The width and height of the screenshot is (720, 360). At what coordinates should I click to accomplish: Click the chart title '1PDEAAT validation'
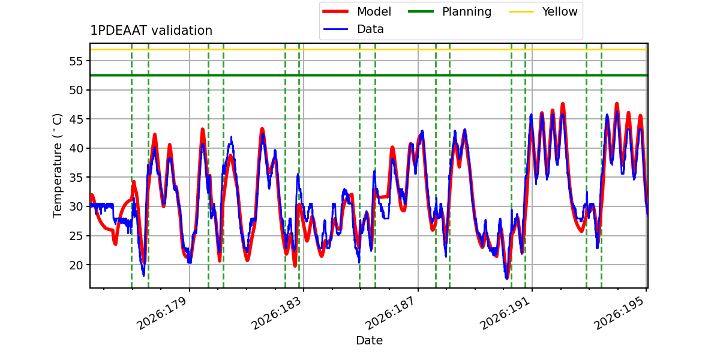click(x=151, y=31)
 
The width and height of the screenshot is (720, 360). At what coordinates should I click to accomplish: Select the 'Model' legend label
click(x=374, y=11)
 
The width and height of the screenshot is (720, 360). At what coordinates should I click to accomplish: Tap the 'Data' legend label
click(x=370, y=29)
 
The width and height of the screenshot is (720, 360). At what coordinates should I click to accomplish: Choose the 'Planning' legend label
click(x=467, y=12)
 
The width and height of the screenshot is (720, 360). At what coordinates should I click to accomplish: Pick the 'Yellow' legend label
click(x=560, y=11)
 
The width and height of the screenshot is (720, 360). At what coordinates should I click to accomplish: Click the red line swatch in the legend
click(x=335, y=11)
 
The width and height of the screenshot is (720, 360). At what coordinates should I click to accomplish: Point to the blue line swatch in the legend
click(x=335, y=29)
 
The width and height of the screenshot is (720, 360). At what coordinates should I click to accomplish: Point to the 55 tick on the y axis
click(x=76, y=61)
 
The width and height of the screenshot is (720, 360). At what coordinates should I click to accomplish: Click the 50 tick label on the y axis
click(x=76, y=90)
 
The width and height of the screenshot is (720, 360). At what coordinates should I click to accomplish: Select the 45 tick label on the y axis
click(x=76, y=119)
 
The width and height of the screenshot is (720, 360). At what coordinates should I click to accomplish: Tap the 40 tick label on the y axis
click(x=76, y=149)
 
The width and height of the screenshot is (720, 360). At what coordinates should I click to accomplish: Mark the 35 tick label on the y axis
click(x=76, y=178)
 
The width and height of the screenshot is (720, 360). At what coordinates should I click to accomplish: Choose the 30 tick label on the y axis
click(x=76, y=206)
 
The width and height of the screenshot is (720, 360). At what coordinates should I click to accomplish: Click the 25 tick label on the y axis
click(x=76, y=236)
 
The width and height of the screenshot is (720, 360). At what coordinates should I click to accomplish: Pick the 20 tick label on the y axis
click(x=76, y=265)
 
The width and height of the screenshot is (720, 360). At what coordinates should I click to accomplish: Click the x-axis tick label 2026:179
click(x=161, y=313)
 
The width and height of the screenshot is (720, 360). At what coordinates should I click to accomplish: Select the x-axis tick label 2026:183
click(x=276, y=313)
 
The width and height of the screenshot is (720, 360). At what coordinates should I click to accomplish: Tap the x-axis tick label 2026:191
click(x=505, y=313)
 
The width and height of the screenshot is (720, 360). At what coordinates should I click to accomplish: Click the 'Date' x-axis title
click(x=369, y=340)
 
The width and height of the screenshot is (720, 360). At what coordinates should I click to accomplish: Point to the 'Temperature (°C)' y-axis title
click(x=57, y=166)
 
